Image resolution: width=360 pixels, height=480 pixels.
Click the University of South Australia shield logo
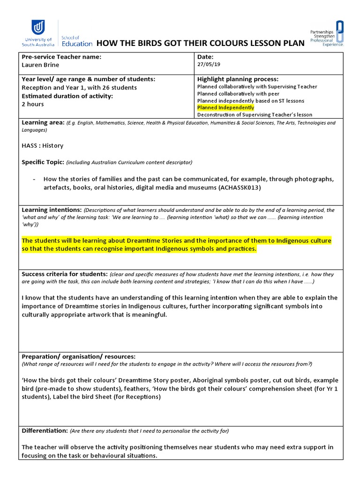(x=38, y=28)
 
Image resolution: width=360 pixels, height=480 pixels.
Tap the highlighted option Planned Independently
(x=225, y=108)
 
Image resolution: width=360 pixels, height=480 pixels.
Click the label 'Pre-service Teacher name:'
(x=61, y=57)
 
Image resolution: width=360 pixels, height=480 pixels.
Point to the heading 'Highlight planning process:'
(x=238, y=79)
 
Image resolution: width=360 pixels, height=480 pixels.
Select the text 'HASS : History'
(x=43, y=146)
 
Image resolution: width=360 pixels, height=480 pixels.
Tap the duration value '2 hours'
(x=33, y=104)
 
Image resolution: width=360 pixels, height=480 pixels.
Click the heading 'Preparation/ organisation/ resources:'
(x=79, y=357)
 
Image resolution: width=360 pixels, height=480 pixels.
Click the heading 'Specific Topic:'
(x=43, y=162)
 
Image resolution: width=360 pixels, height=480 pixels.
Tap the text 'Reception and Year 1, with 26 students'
(x=79, y=88)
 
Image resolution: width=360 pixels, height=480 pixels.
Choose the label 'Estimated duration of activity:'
(x=67, y=96)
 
